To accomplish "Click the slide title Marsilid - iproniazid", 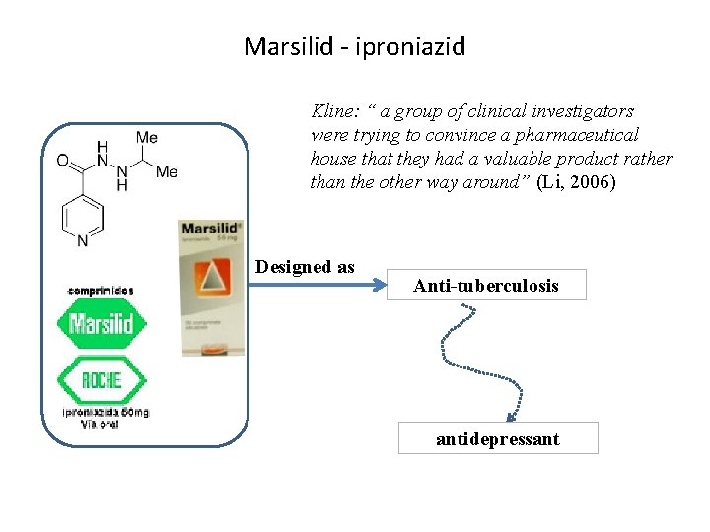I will pos(354,46).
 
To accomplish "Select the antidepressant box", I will pos(498,438).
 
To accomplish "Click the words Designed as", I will pos(305,266).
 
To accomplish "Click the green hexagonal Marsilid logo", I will pos(102,323).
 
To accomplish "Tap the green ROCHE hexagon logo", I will pos(102,380).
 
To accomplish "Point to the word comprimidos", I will pos(101,291).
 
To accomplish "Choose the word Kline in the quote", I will pos(332,111).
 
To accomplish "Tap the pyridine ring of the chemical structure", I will pos(83,213).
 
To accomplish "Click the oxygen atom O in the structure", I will pos(63,160).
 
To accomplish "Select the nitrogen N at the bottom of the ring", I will pos(83,240).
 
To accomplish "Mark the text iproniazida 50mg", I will pos(106,412).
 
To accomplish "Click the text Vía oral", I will pos(101,424).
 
